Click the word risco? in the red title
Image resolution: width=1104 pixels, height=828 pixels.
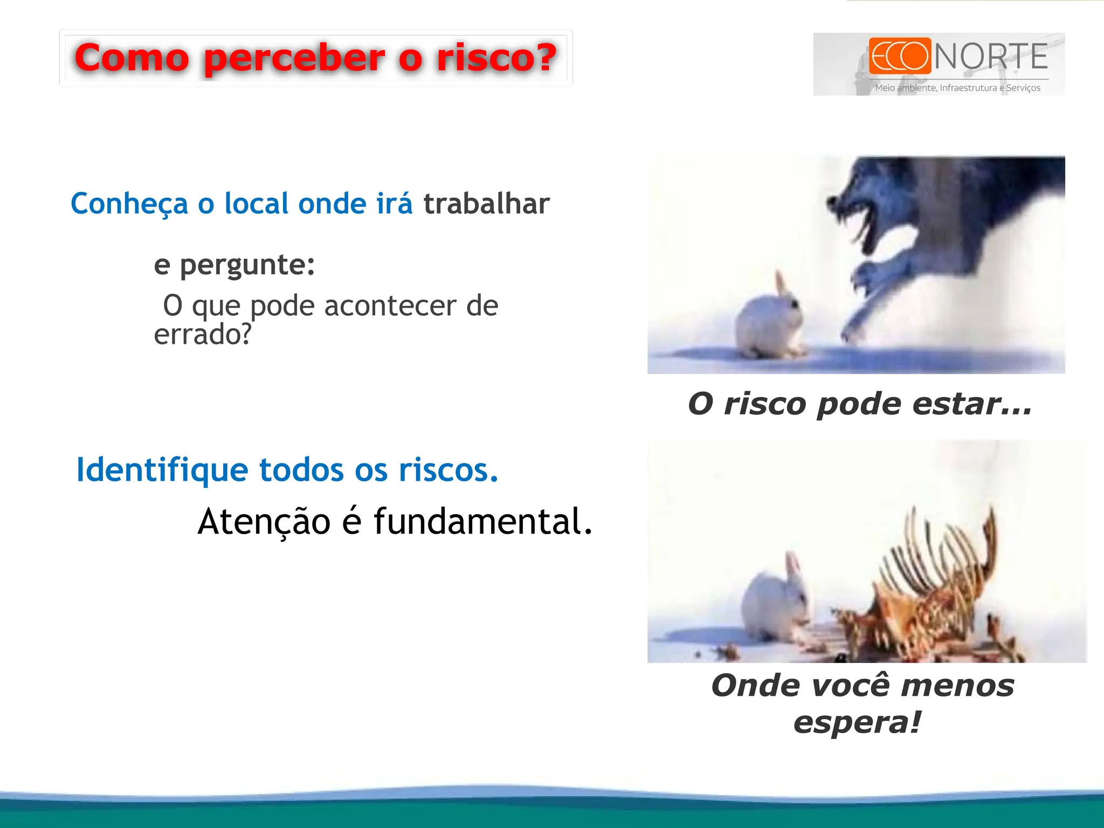point(496,57)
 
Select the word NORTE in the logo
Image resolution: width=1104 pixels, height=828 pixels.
point(991,57)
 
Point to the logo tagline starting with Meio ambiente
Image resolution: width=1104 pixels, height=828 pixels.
point(957,88)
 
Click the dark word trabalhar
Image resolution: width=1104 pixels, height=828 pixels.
point(486,204)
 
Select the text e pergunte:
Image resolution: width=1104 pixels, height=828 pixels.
point(234,265)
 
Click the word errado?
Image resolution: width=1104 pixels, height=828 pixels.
point(203,335)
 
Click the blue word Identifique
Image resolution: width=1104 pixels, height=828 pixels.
point(162,470)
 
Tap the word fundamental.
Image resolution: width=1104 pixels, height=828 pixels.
point(482,522)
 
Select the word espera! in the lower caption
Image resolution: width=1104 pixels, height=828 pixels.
point(857,722)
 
